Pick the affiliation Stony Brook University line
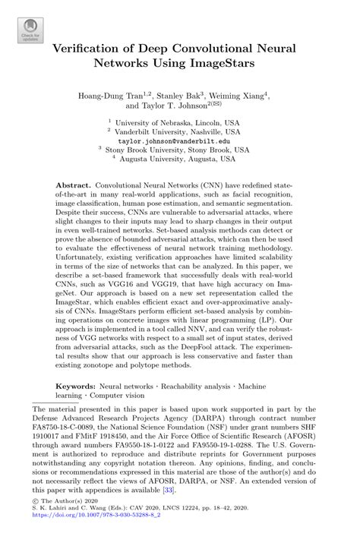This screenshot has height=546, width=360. click(183, 150)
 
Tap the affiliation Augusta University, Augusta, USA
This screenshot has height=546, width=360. click(182, 160)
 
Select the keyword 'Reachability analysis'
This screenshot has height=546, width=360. click(198, 387)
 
